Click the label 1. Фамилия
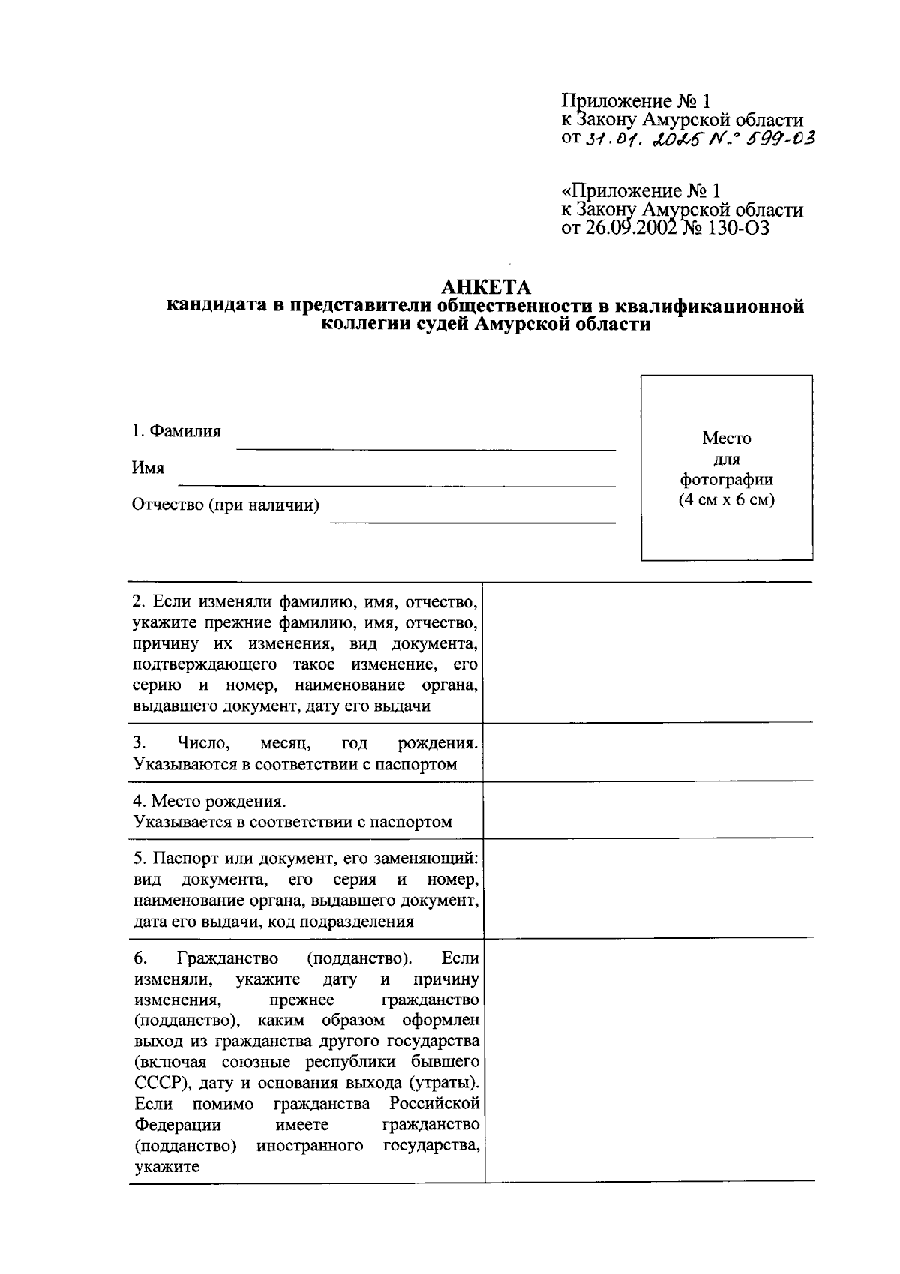[176, 431]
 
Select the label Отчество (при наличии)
[226, 505]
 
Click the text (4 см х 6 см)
[726, 500]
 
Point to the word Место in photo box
[726, 438]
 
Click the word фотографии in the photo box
[726, 480]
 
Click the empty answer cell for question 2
[648, 652]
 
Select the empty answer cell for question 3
[648, 752]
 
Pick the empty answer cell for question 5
[648, 888]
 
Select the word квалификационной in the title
[709, 307]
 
